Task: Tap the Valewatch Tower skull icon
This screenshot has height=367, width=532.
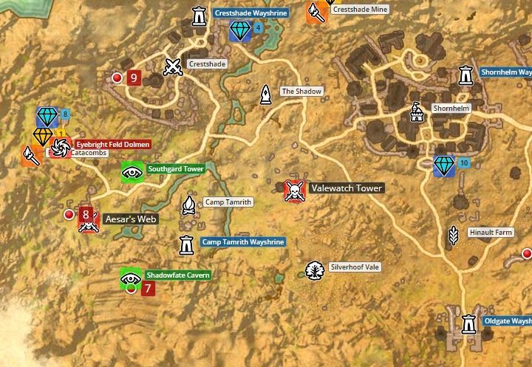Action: point(294,191)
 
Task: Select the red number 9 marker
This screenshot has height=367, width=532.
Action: point(134,77)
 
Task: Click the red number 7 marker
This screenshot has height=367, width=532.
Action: point(148,288)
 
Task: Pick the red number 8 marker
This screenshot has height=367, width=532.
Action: point(86,214)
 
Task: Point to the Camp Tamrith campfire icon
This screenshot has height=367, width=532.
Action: point(189,205)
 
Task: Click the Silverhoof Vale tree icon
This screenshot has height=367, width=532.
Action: point(315,270)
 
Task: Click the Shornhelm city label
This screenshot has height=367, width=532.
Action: point(451,109)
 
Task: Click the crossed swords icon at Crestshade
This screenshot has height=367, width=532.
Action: point(173,67)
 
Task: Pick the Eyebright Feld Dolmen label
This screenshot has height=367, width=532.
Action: point(113,144)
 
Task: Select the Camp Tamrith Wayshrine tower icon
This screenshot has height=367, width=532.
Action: point(186,244)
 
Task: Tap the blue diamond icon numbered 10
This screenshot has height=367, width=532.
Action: point(444,165)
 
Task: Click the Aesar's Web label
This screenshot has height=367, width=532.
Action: point(132,219)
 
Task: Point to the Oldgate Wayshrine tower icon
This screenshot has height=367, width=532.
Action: point(468,323)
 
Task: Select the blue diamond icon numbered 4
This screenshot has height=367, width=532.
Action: point(241,30)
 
